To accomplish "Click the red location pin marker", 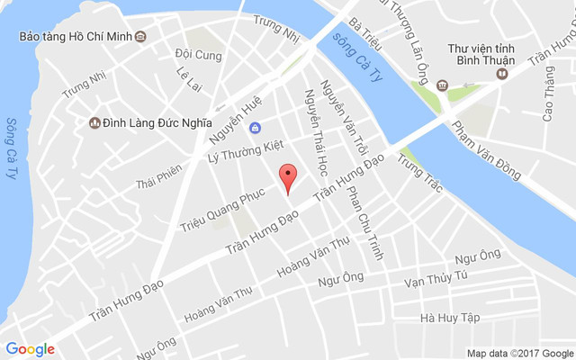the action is pyautogui.click(x=287, y=177).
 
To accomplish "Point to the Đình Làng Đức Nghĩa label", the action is pyautogui.click(x=157, y=122).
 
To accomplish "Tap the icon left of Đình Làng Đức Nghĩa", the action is pyautogui.click(x=93, y=122).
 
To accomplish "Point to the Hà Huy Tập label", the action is pyautogui.click(x=450, y=318).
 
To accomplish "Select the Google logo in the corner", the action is pyautogui.click(x=30, y=348).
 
